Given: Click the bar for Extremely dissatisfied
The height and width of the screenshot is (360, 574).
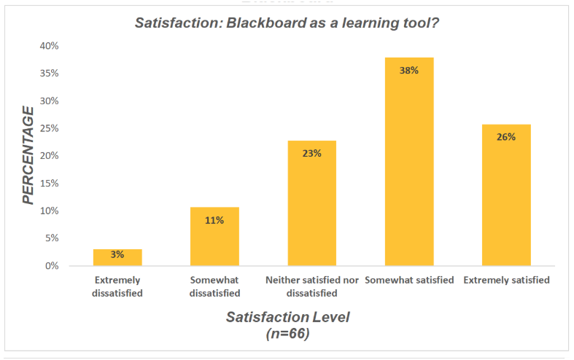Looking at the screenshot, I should point(117,258).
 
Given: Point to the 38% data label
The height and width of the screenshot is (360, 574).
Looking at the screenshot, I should point(409,71).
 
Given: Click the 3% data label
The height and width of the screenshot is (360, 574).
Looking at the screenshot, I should point(117,254).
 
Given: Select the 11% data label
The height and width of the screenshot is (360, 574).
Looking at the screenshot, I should point(214,220).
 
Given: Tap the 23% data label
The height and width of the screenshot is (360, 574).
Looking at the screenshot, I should point(312,154).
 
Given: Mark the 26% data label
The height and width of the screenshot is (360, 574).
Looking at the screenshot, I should point(506,137).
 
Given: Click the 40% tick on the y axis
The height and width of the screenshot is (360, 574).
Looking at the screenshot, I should point(49,46).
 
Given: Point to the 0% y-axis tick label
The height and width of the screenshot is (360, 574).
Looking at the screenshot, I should point(51,266).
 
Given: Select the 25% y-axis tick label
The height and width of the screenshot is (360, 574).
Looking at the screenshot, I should point(49,128).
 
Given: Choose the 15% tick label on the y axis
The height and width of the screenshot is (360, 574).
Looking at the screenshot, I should point(49,184).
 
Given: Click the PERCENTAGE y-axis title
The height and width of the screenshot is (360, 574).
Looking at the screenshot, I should point(28,155).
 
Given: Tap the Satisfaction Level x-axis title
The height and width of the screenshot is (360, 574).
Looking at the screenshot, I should point(287,317).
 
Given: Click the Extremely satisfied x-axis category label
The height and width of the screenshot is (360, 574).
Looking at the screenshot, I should point(506,280).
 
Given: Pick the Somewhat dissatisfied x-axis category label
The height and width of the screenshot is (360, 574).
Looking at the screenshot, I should point(214,286).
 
